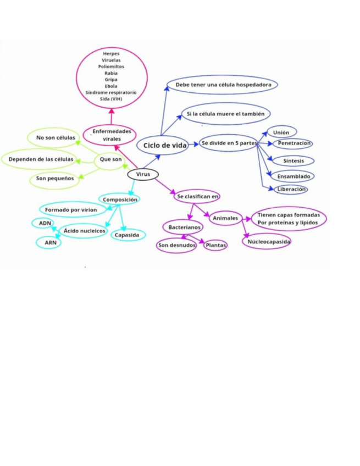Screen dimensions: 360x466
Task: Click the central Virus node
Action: click(142, 174)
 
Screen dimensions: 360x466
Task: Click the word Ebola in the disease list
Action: click(111, 86)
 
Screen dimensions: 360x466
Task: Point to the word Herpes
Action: click(111, 53)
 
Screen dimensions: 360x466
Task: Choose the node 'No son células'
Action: click(55, 137)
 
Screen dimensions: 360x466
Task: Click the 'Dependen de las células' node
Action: click(40, 159)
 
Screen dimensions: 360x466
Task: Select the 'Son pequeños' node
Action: click(54, 179)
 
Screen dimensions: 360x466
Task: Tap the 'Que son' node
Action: click(111, 159)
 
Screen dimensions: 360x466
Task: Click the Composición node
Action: click(120, 199)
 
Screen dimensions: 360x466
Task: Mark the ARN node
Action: click(49, 242)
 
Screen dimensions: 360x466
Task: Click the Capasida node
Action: click(128, 235)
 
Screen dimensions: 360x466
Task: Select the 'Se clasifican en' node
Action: click(197, 196)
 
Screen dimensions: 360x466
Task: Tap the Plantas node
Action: click(215, 245)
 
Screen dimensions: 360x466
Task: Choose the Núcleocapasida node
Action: click(267, 241)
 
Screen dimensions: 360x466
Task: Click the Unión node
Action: click(281, 132)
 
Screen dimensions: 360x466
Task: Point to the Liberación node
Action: click(291, 189)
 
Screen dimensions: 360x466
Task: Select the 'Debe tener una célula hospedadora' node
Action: click(223, 85)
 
